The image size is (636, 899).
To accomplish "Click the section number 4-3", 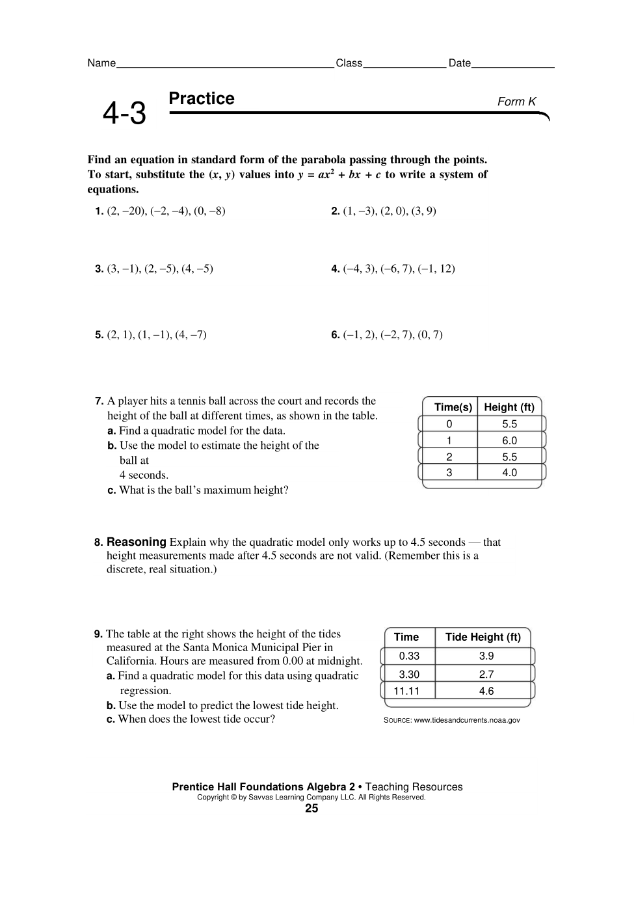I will point(124,114).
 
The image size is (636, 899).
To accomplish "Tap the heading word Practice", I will point(202,99).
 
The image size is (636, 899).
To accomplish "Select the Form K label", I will point(516,101).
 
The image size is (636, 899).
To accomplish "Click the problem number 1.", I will point(99,211).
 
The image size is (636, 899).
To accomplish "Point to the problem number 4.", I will point(335,269).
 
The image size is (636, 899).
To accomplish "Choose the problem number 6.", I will point(335,335).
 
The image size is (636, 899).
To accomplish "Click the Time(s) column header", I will point(453,407).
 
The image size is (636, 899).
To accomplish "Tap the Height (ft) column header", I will point(509,407).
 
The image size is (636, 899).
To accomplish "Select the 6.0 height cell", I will point(509,440).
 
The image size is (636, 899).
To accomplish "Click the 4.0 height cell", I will point(509,473).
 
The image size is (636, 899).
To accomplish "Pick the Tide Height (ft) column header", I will point(483,637).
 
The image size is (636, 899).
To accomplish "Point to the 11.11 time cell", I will point(406,691).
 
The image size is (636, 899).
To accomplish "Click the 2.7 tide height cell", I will point(486,675).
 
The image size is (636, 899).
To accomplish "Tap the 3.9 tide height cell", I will point(486,656).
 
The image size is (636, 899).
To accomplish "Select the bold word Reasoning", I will point(137,542).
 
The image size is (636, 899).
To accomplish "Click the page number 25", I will point(311,809).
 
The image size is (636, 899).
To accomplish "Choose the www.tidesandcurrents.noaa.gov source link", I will point(467,720).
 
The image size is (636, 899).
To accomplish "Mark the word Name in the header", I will point(101,63).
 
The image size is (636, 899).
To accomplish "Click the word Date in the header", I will point(460,63).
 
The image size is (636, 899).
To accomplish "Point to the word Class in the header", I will point(349,63).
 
